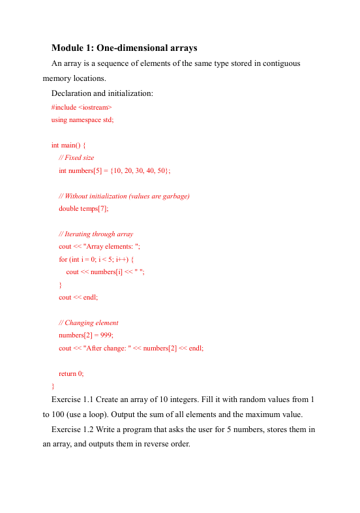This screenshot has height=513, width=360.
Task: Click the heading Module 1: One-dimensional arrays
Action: click(124, 48)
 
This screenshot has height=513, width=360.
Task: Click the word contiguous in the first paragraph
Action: click(278, 63)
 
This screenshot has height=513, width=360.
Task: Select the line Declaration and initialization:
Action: click(102, 93)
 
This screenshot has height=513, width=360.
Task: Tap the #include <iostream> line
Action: click(82, 106)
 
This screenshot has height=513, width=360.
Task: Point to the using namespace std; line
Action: click(82, 119)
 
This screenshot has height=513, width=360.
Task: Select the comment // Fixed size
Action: click(76, 158)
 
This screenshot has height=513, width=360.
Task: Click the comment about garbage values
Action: click(124, 196)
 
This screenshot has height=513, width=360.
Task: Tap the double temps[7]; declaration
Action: click(83, 209)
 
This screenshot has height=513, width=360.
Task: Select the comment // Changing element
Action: click(89, 322)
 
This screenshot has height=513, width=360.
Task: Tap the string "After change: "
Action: click(108, 349)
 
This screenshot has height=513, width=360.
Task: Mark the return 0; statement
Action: click(71, 374)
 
